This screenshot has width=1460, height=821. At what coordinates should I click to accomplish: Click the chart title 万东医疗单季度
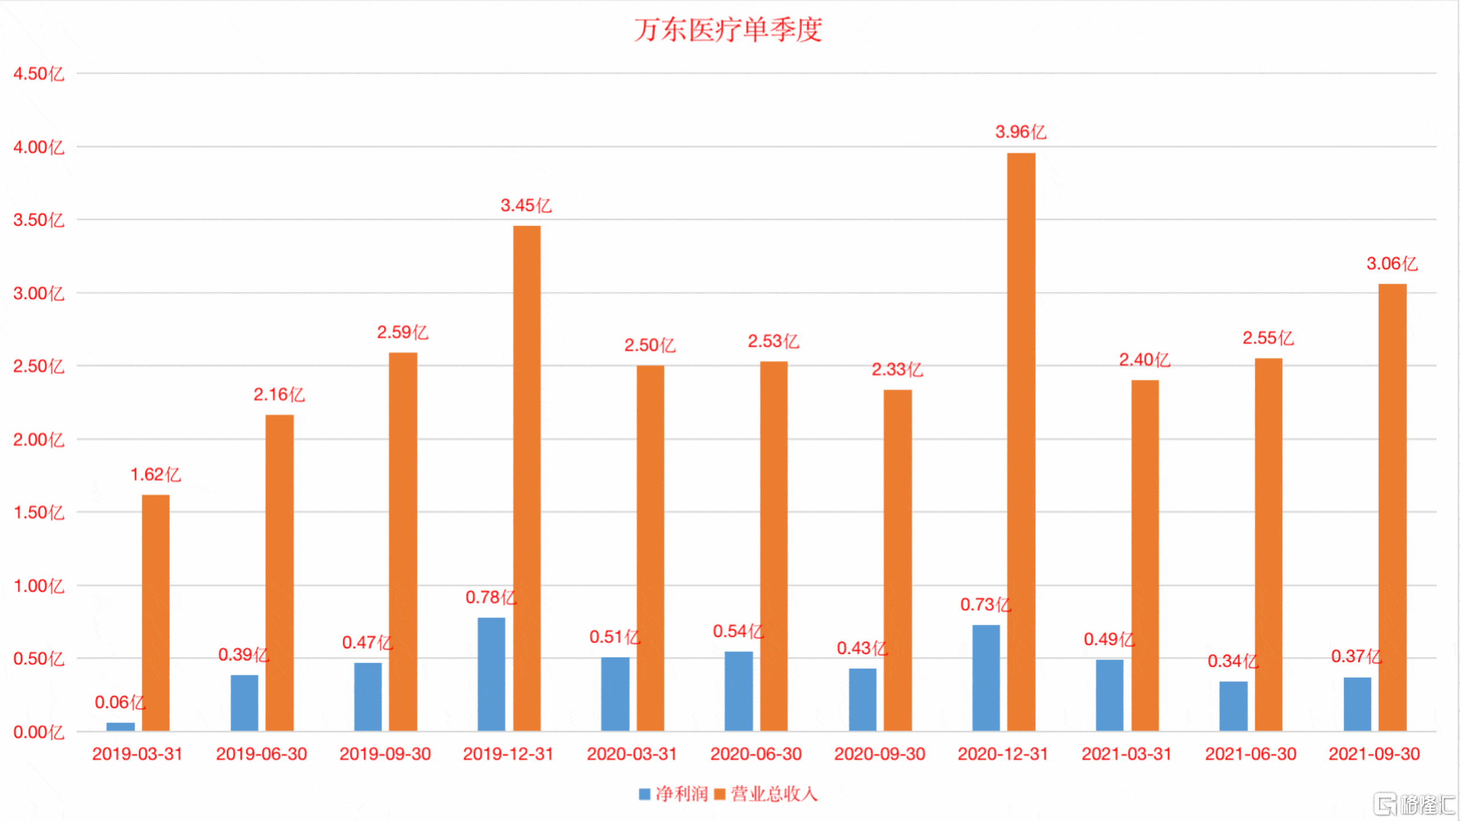click(x=728, y=30)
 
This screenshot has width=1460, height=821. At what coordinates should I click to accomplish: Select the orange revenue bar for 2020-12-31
click(x=1021, y=442)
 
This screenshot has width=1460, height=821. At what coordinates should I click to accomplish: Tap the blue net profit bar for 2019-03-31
click(x=120, y=726)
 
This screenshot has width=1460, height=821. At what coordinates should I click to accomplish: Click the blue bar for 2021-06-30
click(x=1233, y=706)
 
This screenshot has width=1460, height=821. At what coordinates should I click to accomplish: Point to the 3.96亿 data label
click(x=1020, y=132)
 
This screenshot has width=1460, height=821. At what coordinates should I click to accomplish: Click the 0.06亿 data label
click(x=120, y=702)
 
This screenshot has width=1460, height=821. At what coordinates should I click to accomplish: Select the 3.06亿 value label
click(x=1392, y=264)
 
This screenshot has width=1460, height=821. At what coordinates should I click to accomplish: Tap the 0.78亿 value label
click(x=490, y=598)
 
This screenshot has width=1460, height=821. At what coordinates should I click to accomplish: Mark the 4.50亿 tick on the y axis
click(x=39, y=74)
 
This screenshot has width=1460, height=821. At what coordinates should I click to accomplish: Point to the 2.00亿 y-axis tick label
click(x=39, y=440)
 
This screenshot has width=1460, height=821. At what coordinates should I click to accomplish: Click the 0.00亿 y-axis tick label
click(x=39, y=733)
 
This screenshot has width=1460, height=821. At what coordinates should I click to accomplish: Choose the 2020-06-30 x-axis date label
click(x=756, y=754)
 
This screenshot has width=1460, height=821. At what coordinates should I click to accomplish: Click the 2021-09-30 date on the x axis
click(x=1374, y=754)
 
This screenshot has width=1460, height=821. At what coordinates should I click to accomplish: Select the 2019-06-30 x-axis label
click(x=261, y=754)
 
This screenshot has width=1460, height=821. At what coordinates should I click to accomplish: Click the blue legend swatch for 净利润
click(x=644, y=794)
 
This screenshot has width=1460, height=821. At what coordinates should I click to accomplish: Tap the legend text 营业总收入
click(x=774, y=794)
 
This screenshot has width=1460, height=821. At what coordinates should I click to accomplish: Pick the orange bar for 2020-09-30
click(x=898, y=560)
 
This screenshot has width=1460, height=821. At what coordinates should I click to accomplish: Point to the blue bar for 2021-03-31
click(x=1109, y=695)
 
